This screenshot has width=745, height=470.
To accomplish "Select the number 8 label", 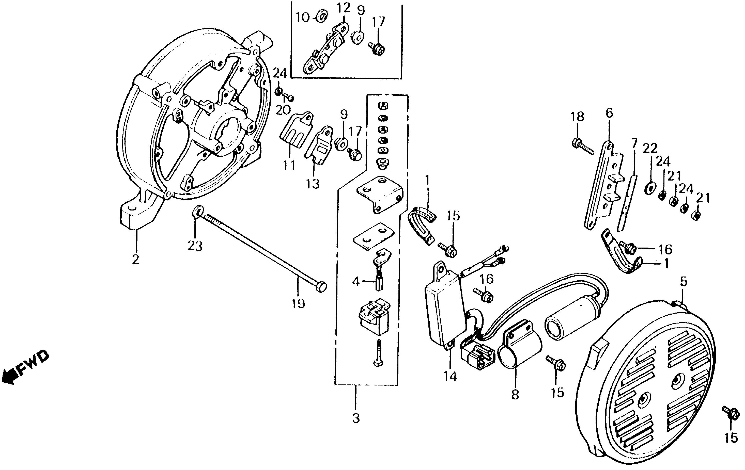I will coord(515,395).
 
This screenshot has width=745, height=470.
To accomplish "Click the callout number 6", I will coord(609,113).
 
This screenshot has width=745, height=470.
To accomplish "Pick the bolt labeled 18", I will coord(582,145).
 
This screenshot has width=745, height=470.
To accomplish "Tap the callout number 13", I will coord(313,184).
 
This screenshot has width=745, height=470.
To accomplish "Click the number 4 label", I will coord(356,281).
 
